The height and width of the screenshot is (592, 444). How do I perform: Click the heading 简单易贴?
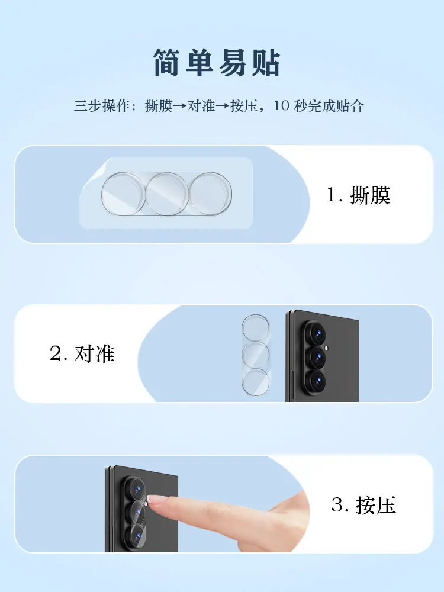(x=216, y=63)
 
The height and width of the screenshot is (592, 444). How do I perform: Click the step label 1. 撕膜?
(x=358, y=195)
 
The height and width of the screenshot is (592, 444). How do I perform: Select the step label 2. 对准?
(x=82, y=354)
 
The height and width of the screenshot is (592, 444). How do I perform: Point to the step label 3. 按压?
(x=363, y=505)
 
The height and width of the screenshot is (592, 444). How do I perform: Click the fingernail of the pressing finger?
(x=154, y=499)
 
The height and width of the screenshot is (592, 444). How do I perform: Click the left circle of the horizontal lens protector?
(x=123, y=194)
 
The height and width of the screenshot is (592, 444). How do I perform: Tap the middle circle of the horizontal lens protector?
(x=167, y=194)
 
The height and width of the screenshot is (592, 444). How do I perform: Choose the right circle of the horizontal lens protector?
(x=210, y=194)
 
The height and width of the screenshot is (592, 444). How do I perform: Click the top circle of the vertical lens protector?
(x=256, y=329)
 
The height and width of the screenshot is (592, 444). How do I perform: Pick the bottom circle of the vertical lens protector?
(x=256, y=382)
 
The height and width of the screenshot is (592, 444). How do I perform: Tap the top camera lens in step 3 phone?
(x=137, y=488)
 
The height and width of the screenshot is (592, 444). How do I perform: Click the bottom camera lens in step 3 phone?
(x=137, y=535)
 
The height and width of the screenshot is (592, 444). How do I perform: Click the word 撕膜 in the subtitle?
(x=159, y=106)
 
